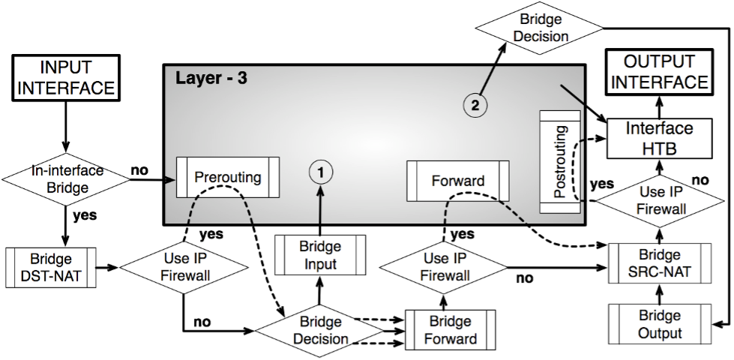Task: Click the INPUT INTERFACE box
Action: click(x=66, y=77)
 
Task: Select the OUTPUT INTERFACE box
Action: click(x=659, y=72)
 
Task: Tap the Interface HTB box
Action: click(x=659, y=138)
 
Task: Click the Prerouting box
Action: click(x=227, y=177)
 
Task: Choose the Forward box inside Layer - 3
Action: click(x=457, y=181)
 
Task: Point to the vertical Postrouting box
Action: click(x=560, y=161)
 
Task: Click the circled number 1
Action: click(x=320, y=172)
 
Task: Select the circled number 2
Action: click(x=474, y=106)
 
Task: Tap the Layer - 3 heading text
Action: click(x=211, y=78)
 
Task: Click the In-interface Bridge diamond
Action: click(x=67, y=178)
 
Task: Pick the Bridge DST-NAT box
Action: click(x=53, y=268)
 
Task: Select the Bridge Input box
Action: click(x=320, y=255)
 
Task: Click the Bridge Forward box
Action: click(x=450, y=330)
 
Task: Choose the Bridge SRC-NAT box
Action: click(x=660, y=263)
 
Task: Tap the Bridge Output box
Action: click(x=660, y=324)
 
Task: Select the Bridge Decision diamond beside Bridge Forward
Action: click(x=319, y=330)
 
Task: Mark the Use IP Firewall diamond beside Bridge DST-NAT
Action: click(x=184, y=267)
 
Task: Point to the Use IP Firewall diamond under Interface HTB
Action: click(x=661, y=200)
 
